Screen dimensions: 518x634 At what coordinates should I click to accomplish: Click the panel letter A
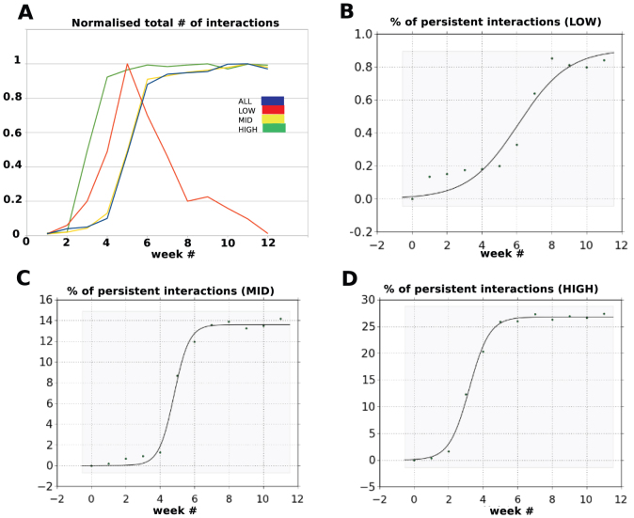[18, 13]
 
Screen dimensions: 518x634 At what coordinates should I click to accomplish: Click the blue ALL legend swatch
[273, 102]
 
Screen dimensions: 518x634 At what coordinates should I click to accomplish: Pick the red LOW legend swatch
[273, 110]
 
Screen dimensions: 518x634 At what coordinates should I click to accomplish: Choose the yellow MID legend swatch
[273, 119]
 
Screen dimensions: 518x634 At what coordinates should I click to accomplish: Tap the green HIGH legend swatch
[273, 128]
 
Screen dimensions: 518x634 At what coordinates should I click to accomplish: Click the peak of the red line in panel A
[126, 64]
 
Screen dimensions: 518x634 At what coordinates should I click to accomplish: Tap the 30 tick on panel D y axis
[372, 300]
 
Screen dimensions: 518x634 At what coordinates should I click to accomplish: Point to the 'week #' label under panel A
[166, 254]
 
